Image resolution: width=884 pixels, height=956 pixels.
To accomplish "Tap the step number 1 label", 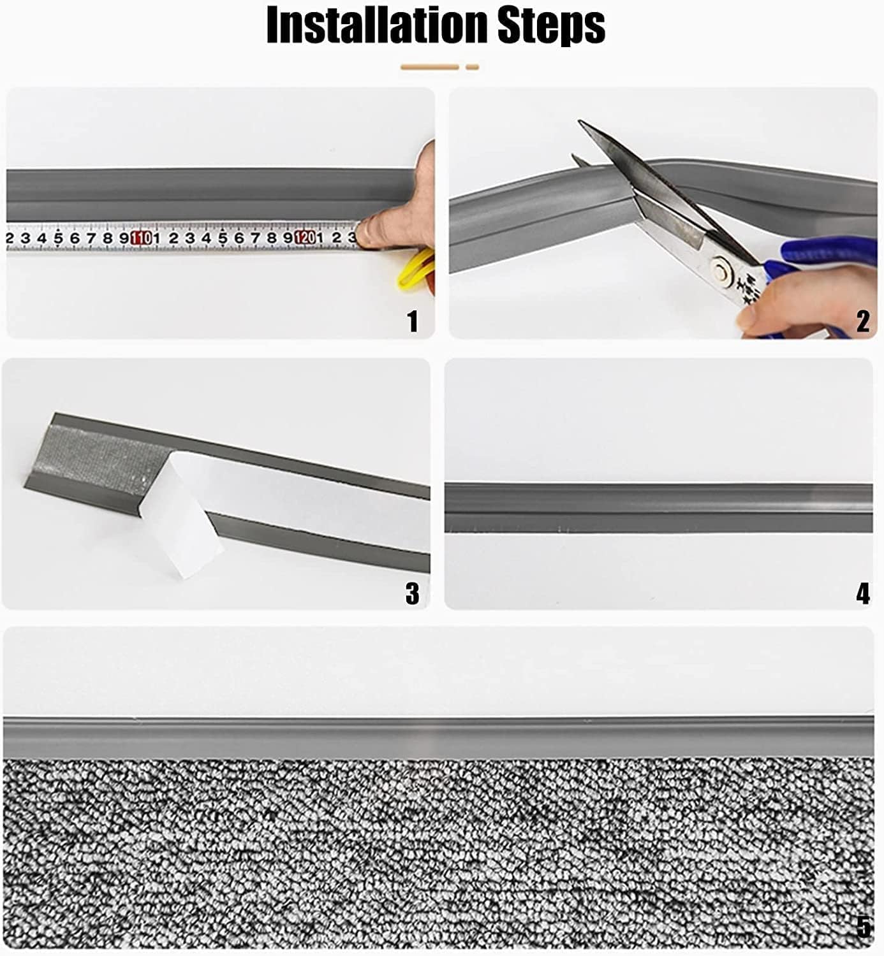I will coord(413,321).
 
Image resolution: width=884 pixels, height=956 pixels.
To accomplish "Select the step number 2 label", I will coord(862,321).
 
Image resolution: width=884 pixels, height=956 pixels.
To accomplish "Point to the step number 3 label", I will coord(413,593).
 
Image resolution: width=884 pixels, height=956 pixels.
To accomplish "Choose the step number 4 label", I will coord(862,593).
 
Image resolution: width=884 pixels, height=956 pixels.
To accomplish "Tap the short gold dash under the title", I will coord(472,67).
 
